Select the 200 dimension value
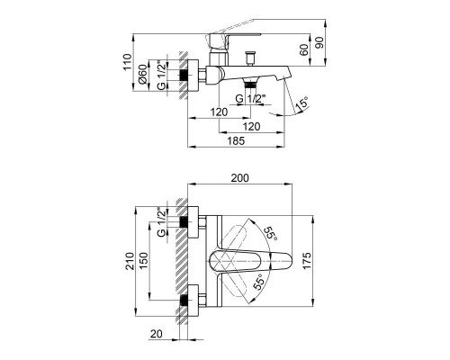click(240, 180)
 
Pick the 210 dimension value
click(129, 262)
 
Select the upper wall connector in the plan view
click(184, 222)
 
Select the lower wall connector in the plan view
click(184, 299)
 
